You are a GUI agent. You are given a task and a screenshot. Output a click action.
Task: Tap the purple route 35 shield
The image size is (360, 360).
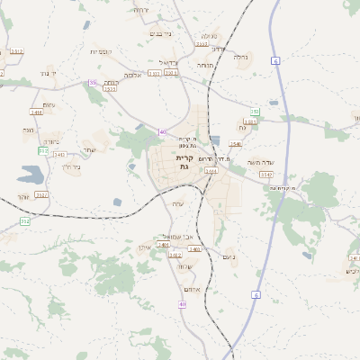click(x=93, y=83)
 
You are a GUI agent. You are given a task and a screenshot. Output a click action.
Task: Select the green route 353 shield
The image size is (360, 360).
click(x=255, y=112)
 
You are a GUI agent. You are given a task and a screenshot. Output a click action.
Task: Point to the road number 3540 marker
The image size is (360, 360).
click(x=236, y=143)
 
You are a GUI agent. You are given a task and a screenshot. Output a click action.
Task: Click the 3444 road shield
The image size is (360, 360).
click(x=211, y=170)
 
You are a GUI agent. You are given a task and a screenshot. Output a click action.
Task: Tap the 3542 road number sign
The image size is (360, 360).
click(x=41, y=194)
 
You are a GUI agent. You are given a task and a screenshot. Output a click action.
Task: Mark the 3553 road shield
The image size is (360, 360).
click(x=202, y=43)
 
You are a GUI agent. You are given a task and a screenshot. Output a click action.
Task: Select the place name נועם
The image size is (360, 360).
click(x=229, y=258)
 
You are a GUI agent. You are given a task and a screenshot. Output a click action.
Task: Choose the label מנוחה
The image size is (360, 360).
click(x=205, y=66)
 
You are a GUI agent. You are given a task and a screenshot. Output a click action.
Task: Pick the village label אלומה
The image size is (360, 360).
click(x=132, y=76)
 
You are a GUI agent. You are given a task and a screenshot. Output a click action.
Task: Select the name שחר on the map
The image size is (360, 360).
click(x=89, y=149)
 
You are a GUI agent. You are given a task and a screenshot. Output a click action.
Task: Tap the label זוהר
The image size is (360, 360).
click(x=24, y=196)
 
